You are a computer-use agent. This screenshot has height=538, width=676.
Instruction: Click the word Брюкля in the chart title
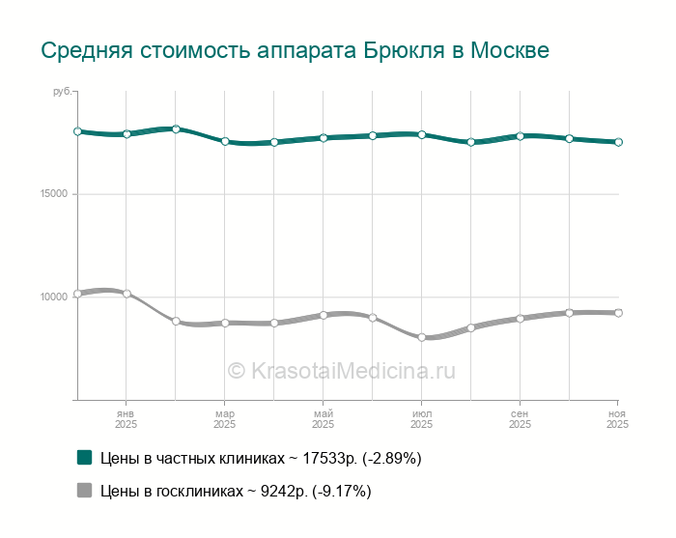404,50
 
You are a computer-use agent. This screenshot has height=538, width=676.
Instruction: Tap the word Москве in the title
509,50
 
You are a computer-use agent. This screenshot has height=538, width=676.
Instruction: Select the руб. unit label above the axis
62,91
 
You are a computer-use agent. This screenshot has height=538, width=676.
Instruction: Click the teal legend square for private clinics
84,457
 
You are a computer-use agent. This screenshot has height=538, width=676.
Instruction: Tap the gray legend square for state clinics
84,491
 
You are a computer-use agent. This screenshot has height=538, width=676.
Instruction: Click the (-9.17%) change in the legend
341,492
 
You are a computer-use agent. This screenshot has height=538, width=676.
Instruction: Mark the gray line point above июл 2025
421,337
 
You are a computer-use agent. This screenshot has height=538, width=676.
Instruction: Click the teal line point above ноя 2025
618,142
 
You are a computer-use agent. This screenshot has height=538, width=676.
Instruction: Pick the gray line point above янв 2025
127,294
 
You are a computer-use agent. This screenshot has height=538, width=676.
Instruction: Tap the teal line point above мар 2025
225,142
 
